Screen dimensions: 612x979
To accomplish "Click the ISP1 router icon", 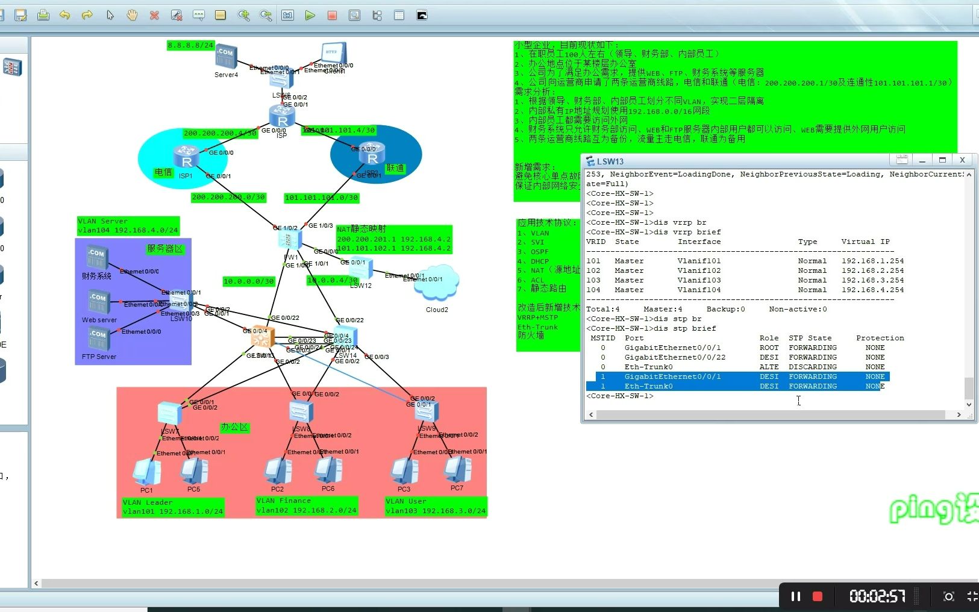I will click(x=186, y=157).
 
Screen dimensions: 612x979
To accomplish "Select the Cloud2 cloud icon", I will click(x=436, y=283).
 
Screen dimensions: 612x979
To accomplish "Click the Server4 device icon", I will click(x=226, y=56).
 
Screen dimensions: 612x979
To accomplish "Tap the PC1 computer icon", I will click(x=146, y=471).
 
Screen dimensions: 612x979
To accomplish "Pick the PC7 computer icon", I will click(x=457, y=469).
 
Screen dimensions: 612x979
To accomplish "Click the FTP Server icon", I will click(x=98, y=339).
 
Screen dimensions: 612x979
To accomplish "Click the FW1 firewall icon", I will click(x=290, y=240).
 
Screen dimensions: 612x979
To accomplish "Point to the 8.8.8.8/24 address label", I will click(x=190, y=45).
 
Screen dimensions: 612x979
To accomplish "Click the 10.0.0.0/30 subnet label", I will click(x=248, y=281).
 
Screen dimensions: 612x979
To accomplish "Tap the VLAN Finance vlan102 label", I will click(x=306, y=505).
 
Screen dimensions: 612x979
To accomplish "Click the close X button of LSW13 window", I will click(x=962, y=160).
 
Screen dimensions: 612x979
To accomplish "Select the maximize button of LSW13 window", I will click(x=942, y=160).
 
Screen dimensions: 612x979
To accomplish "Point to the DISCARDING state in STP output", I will click(x=813, y=367).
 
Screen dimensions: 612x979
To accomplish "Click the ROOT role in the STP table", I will click(x=769, y=348).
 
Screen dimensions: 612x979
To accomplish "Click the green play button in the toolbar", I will click(x=310, y=16).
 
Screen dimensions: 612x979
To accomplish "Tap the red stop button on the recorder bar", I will click(x=818, y=596).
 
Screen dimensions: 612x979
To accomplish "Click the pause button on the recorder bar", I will click(x=795, y=596).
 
